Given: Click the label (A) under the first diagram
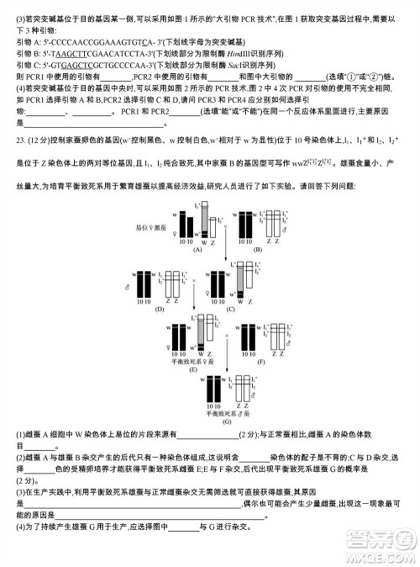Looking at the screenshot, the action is pos(199,250).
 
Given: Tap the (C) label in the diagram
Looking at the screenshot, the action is pos(230,310).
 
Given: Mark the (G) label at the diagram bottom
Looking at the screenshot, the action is pos(226,422).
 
